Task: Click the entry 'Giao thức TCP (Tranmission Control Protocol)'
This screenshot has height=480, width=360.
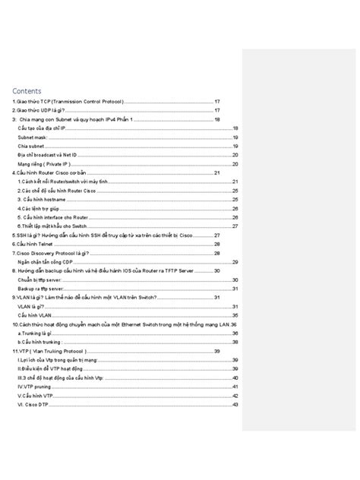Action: point(68,101)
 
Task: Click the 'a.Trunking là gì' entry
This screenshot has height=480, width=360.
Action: point(35,333)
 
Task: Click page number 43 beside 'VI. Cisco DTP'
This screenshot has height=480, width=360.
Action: point(235,404)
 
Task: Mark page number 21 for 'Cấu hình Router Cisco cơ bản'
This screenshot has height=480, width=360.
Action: point(217,172)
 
